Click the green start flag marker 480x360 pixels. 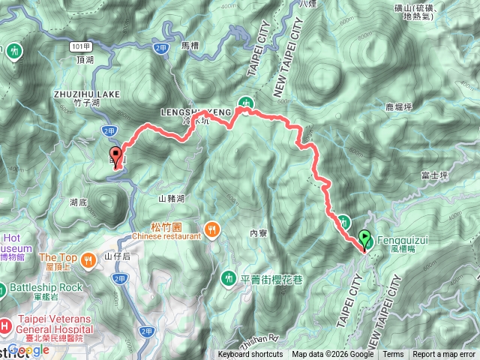[x=364, y=239]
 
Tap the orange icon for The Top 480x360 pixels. [x=88, y=260]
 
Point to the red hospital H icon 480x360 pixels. [x=5, y=325]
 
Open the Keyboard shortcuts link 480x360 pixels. [x=250, y=355]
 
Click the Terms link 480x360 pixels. [x=393, y=355]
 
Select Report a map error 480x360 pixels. [x=444, y=355]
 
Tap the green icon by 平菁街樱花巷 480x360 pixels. [x=228, y=279]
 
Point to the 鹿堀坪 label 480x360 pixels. [x=397, y=107]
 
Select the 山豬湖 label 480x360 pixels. [x=172, y=199]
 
